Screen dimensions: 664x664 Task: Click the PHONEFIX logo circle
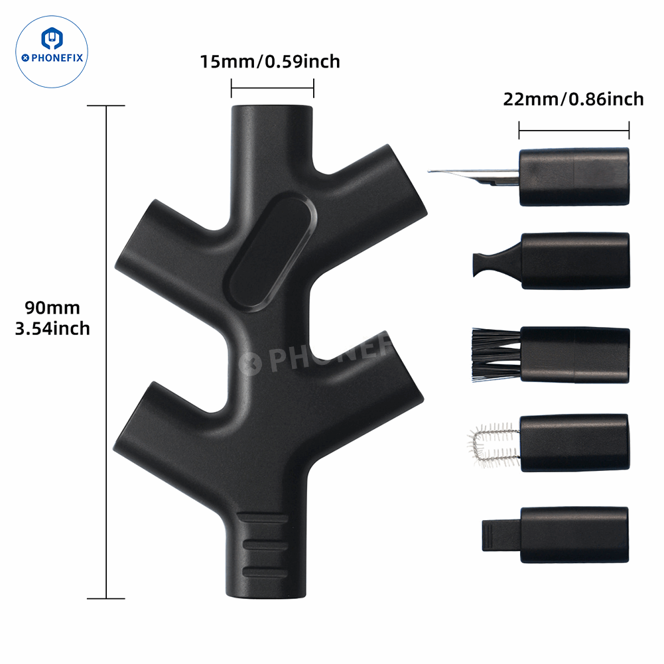[x=52, y=52]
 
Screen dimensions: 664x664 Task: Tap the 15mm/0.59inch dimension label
[x=270, y=62]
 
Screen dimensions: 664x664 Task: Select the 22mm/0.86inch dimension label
[x=573, y=100]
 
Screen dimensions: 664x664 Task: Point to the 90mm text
[x=52, y=308]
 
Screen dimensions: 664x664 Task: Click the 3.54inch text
[x=52, y=328]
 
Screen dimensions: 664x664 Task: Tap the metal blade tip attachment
[x=474, y=177]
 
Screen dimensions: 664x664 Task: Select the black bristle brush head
[x=496, y=355]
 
